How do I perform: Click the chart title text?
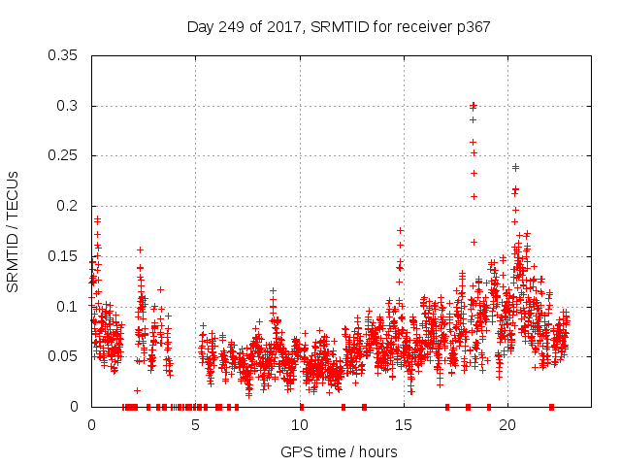339,27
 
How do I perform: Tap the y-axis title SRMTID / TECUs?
14,231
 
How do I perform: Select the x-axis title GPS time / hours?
339,451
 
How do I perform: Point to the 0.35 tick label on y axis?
64,55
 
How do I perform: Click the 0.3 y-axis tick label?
68,106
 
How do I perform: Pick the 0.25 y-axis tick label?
64,155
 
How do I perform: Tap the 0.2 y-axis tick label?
68,206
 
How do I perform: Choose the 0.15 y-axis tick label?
64,256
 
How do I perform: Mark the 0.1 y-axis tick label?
68,307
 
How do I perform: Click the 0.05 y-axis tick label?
64,356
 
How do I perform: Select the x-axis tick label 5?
196,425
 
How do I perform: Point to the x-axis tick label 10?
300,425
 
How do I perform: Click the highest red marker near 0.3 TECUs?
474,105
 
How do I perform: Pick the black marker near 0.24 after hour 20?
515,167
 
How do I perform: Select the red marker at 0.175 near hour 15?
400,230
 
